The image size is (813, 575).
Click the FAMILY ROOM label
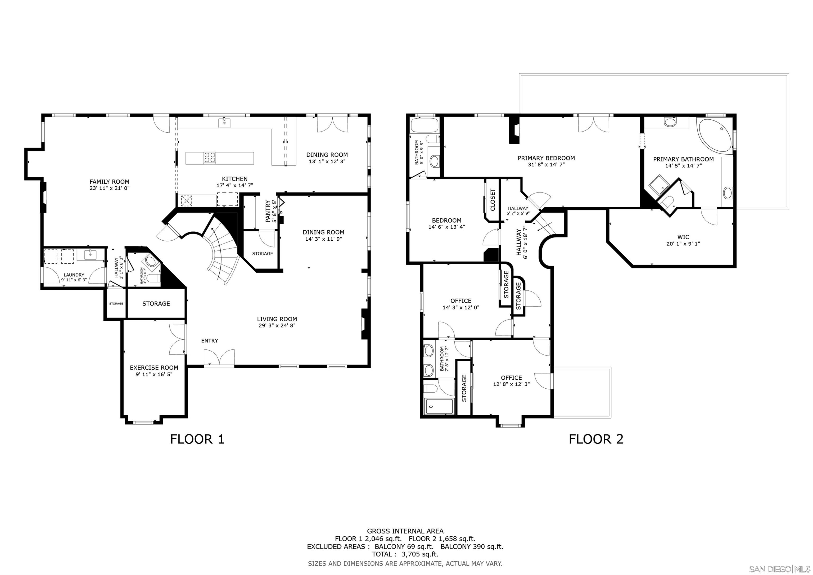point(109,182)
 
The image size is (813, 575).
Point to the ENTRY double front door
point(219,358)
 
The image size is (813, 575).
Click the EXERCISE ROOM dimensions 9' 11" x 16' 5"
point(154,374)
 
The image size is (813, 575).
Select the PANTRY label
point(268,212)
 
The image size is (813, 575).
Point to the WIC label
point(683,237)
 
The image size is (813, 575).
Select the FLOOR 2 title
point(596,439)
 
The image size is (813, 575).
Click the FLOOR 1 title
point(197,439)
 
